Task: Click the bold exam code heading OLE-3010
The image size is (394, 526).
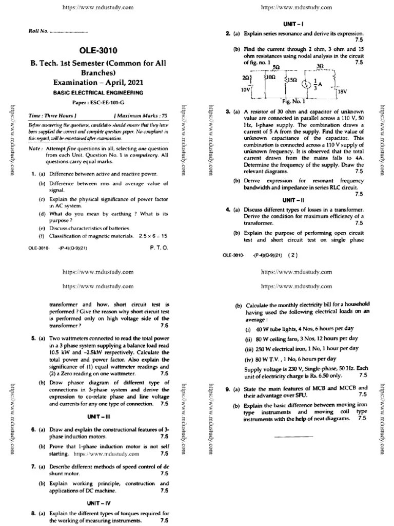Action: (x=98, y=50)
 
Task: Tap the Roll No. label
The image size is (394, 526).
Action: (x=38, y=31)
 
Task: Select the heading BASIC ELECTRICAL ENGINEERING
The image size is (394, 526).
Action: (x=98, y=93)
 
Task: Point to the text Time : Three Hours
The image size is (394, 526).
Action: (x=53, y=116)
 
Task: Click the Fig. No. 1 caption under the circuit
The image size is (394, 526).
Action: (x=293, y=101)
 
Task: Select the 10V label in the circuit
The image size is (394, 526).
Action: (x=246, y=89)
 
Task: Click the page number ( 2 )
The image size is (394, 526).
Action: (x=293, y=254)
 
